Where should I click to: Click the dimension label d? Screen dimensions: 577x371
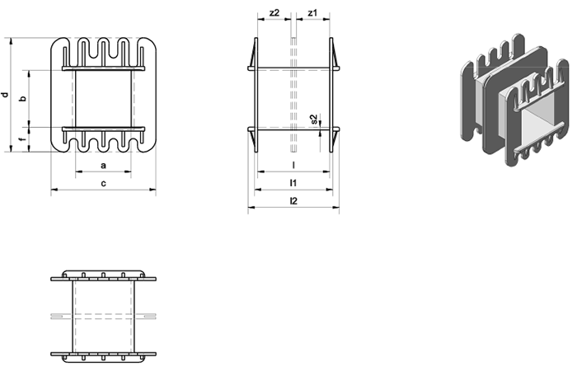tap(5, 95)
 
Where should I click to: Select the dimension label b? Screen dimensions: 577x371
tap(23, 99)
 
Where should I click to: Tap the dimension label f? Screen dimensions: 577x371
tap(23, 139)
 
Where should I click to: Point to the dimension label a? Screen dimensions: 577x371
tap(103, 165)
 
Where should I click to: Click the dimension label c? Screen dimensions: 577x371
tap(103, 183)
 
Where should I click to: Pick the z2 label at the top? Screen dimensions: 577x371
tap(274, 13)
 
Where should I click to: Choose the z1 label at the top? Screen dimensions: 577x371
tap(312, 13)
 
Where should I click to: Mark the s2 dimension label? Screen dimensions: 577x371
tap(314, 119)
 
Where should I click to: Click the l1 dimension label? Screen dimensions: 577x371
tap(293, 182)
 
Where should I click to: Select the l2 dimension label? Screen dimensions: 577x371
tap(293, 200)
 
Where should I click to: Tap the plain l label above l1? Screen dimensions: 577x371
tap(293, 165)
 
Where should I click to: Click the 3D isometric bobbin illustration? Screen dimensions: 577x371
tap(514, 100)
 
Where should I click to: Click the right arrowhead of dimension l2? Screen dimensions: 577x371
tap(336, 208)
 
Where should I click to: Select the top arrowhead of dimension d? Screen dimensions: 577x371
tap(11, 41)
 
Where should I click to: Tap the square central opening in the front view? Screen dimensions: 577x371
tap(103, 99)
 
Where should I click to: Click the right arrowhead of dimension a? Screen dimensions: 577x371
tap(128, 171)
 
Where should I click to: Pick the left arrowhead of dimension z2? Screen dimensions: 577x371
tap(261, 19)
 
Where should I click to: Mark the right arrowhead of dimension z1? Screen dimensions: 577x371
tap(326, 19)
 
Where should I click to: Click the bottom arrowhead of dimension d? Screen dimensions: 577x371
tap(11, 148)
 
